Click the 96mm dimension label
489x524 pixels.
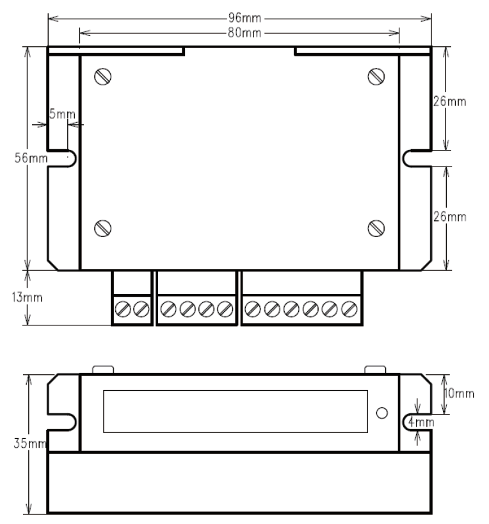tap(245, 18)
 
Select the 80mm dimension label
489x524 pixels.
tap(245, 33)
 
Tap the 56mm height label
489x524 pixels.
tap(31, 158)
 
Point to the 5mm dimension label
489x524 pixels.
tap(62, 114)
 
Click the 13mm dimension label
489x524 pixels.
tap(27, 297)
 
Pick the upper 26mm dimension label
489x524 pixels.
tap(449, 101)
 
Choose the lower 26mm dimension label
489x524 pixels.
tap(449, 217)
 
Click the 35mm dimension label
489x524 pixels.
tap(30, 443)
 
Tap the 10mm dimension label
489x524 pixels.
tap(459, 393)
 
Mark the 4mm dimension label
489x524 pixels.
tap(421, 422)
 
